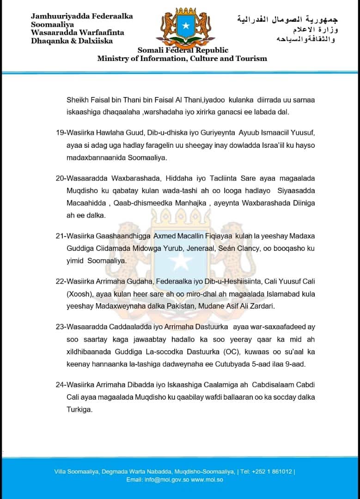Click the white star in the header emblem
[x=186, y=26]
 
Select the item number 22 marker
[x=60, y=281]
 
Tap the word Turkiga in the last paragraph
[x=80, y=409]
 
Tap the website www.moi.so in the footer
[x=207, y=480]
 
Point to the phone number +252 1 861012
[x=273, y=471]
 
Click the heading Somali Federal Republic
[x=183, y=50]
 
